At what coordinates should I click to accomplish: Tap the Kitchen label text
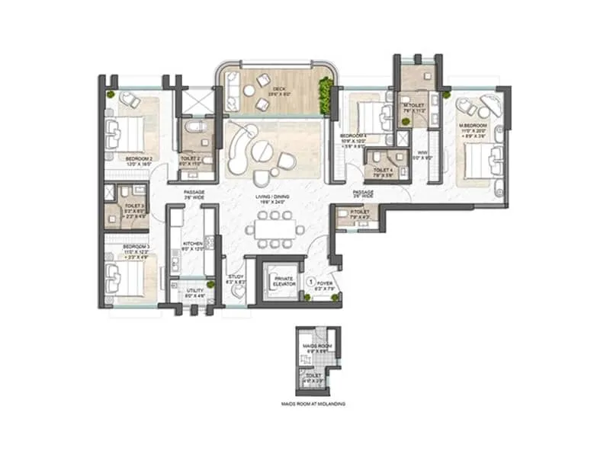pyautogui.click(x=192, y=244)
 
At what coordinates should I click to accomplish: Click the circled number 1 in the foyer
pyautogui.click(x=310, y=281)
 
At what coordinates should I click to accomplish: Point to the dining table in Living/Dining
pyautogui.click(x=274, y=225)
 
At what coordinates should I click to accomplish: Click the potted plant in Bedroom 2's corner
pyautogui.click(x=111, y=94)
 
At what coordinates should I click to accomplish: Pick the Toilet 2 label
pyautogui.click(x=191, y=139)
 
